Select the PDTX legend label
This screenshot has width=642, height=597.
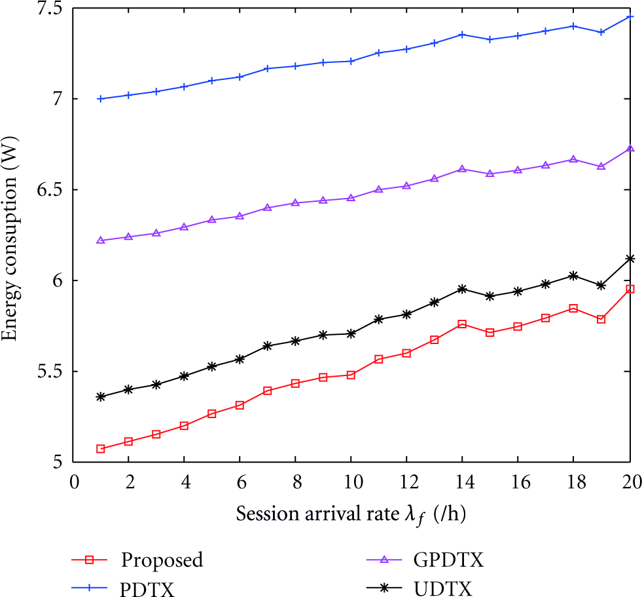(x=147, y=589)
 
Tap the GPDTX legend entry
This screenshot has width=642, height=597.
(x=448, y=560)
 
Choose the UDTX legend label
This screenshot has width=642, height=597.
(x=443, y=589)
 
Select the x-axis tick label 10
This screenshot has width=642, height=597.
(x=353, y=482)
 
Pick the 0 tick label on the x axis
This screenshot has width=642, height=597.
(x=74, y=482)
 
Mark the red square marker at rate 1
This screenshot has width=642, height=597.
(x=101, y=449)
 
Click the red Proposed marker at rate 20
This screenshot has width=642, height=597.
(x=630, y=289)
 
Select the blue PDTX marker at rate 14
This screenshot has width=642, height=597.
(x=462, y=35)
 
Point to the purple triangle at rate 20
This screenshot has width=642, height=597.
(x=630, y=148)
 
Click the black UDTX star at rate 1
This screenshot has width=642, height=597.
(x=101, y=397)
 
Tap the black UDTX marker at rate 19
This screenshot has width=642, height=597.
(x=601, y=285)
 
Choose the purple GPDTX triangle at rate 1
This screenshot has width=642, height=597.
(x=101, y=241)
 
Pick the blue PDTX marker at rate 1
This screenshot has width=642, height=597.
(x=101, y=99)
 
